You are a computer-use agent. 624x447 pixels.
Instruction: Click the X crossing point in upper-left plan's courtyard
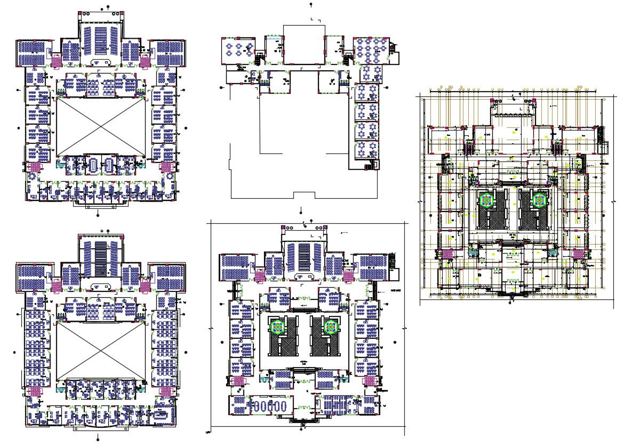[x=101, y=127]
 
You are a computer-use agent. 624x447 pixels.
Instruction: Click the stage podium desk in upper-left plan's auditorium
[x=101, y=62]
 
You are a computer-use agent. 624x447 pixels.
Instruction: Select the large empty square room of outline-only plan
[x=303, y=44]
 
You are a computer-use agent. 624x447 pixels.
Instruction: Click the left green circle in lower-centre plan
[x=277, y=327]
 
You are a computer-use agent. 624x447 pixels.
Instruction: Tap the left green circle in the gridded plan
[x=486, y=200]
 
